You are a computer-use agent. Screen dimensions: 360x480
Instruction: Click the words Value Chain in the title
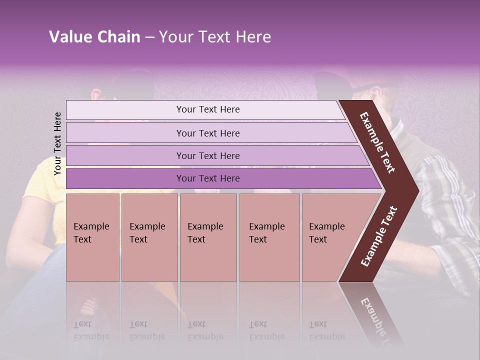pyautogui.click(x=94, y=37)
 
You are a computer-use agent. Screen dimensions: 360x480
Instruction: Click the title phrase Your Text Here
pyautogui.click(x=215, y=37)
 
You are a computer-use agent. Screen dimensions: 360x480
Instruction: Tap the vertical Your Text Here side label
pyautogui.click(x=57, y=143)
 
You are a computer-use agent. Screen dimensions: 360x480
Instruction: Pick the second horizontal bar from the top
pyautogui.click(x=207, y=133)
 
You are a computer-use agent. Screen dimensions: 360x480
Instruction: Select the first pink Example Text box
pyautogui.click(x=92, y=237)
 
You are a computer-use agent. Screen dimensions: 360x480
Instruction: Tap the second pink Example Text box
pyautogui.click(x=149, y=237)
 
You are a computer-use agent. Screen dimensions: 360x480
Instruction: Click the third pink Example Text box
pyautogui.click(x=208, y=237)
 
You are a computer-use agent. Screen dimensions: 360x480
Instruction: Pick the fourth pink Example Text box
pyautogui.click(x=269, y=237)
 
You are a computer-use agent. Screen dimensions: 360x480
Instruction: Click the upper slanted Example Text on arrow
pyautogui.click(x=378, y=142)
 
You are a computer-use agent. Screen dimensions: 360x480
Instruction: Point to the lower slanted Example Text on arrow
pyautogui.click(x=379, y=236)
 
